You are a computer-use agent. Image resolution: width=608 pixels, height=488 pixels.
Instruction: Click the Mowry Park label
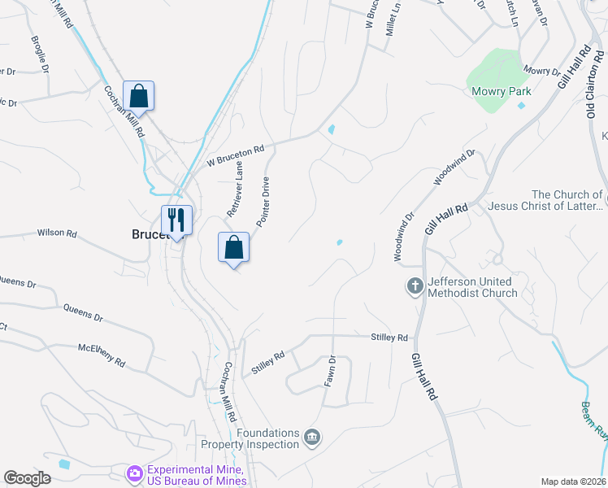[x=501, y=91]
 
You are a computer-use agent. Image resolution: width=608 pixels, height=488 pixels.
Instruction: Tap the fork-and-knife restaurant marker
[x=176, y=219]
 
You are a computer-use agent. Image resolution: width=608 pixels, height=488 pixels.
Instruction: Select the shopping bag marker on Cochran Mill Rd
[x=139, y=95]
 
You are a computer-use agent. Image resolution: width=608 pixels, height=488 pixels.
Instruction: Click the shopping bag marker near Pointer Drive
[x=233, y=246]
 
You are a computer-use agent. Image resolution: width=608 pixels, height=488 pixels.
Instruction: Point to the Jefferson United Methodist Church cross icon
[x=415, y=285]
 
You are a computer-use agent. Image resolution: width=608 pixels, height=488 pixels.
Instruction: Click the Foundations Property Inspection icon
[x=311, y=438]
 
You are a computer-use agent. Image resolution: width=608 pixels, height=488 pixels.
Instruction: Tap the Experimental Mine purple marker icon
[x=134, y=473]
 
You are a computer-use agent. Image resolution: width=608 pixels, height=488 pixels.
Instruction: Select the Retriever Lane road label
[x=235, y=189]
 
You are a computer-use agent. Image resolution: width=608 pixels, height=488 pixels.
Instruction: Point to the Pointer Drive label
[x=263, y=202]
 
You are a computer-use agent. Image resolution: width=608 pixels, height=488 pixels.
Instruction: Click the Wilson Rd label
[x=57, y=233]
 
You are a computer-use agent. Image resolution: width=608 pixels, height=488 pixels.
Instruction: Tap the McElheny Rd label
[x=102, y=355]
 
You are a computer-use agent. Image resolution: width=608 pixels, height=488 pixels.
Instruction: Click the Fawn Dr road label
[x=331, y=371]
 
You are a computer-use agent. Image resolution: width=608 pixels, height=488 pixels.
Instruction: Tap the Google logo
[x=28, y=478]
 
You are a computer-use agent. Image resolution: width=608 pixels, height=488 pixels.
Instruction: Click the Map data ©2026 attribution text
[x=572, y=481]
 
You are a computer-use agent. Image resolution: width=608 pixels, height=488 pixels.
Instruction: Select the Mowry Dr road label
[x=542, y=72]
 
